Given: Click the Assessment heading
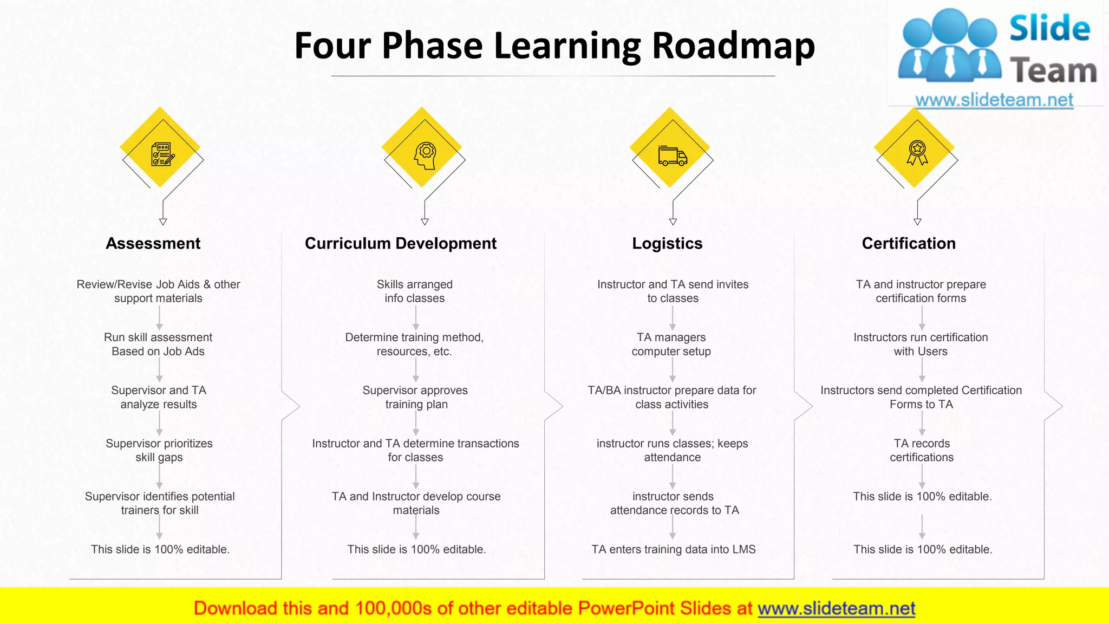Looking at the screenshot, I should point(153,244).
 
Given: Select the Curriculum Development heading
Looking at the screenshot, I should point(400,244).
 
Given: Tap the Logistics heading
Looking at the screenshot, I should point(667,244).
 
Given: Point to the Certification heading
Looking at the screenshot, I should point(909,244).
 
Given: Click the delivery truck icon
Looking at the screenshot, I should point(673,155).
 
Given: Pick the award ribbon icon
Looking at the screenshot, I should point(917,153).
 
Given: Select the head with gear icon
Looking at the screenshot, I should point(426,156).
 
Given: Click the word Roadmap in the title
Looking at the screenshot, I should point(733,45).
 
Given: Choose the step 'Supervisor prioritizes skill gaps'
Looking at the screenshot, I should point(159,450).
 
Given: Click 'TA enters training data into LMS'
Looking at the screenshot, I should point(674,549).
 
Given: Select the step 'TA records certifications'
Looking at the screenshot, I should point(922,450).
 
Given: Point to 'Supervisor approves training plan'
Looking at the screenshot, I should point(415,397).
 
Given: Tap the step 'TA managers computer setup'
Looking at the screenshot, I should point(671,344).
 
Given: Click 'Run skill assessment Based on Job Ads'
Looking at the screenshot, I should point(158,344).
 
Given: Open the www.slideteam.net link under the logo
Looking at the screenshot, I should point(994,100).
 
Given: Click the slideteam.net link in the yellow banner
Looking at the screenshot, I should point(836,609).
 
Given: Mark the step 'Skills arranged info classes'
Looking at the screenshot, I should point(415,291).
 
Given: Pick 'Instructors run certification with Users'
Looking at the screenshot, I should point(921,344).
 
